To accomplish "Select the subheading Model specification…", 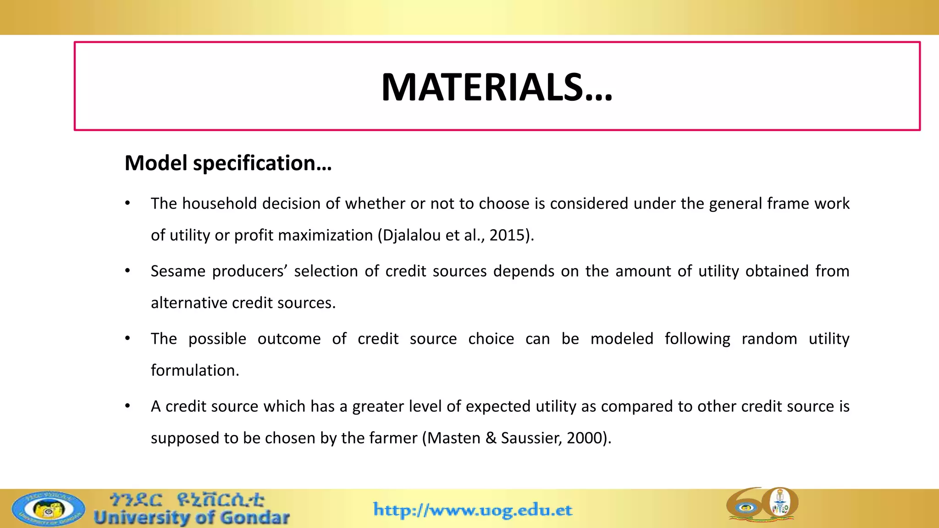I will [228, 163].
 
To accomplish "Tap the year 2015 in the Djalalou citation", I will [507, 235].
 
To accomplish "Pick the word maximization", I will [327, 235].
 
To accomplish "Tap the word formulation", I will [195, 370].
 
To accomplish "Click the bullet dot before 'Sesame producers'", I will [128, 271].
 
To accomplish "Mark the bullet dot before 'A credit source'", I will [128, 407].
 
